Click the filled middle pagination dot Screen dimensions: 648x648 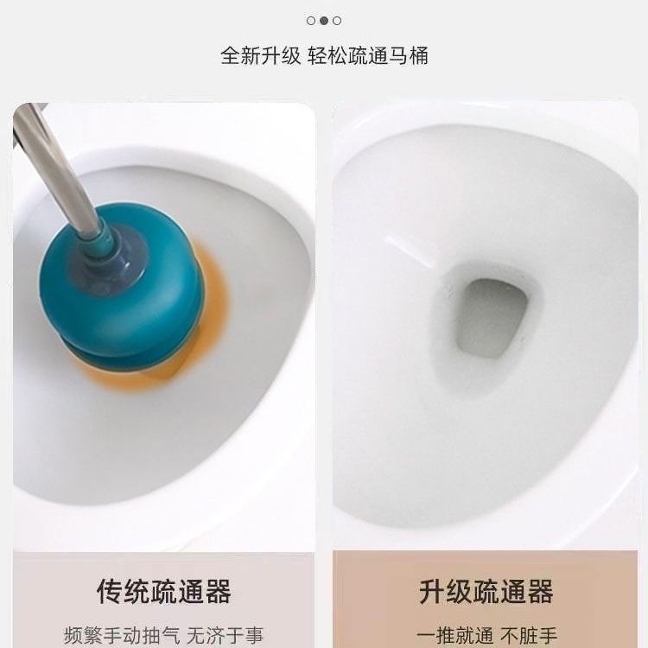point(324,20)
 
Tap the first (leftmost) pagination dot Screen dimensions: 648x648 point(311,20)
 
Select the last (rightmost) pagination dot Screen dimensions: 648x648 point(337,20)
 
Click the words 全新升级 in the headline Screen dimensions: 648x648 point(261,56)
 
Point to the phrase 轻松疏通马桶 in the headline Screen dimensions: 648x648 point(368,56)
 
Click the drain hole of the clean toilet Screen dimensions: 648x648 point(491,317)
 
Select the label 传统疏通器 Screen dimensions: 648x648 point(163,591)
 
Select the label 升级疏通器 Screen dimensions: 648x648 point(486,591)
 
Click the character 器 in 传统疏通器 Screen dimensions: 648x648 point(218,591)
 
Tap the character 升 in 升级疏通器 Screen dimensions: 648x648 point(432,591)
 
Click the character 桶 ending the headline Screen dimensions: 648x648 point(419,56)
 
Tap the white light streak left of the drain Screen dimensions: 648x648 point(409,251)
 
